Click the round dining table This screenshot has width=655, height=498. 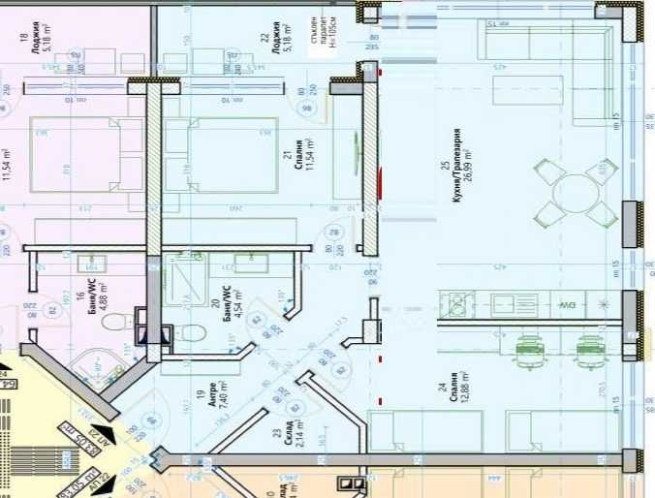(x=577, y=192)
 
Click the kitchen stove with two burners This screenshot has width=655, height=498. (x=459, y=304)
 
